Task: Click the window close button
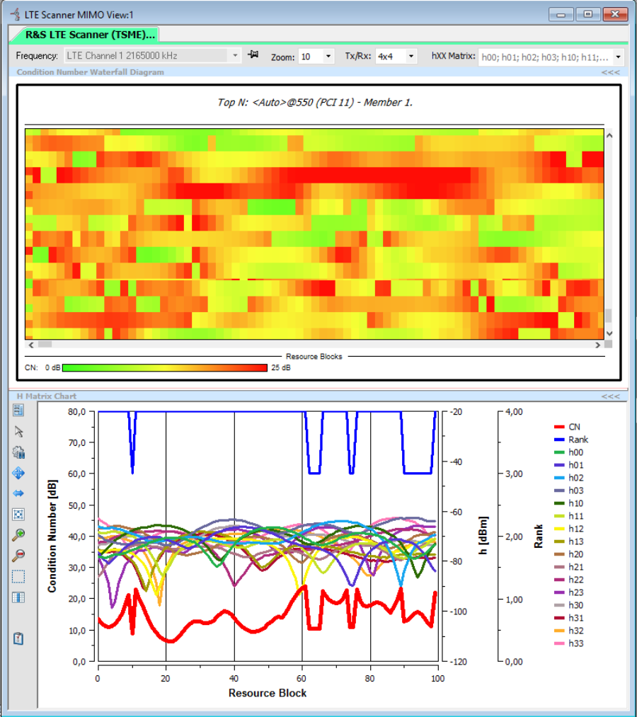tap(613, 13)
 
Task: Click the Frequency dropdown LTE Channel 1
tap(153, 56)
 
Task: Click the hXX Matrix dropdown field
tap(551, 57)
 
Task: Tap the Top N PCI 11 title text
tap(315, 103)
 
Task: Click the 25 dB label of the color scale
tap(280, 367)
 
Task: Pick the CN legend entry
tap(574, 427)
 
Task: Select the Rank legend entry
tap(578, 440)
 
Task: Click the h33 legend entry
tap(575, 643)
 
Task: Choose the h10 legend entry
tap(575, 503)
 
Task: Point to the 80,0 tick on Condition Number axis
tap(77, 411)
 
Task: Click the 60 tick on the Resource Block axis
tap(302, 677)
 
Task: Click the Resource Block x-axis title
tap(268, 693)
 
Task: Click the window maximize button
tap(587, 13)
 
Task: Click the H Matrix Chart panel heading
tap(47, 396)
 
